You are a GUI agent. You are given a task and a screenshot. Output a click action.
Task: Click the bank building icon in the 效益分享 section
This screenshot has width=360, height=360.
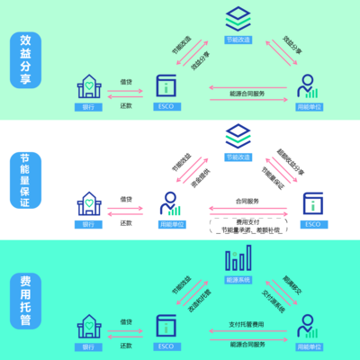(88, 87)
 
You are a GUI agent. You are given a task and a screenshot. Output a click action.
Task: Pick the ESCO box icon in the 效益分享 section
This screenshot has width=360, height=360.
(166, 87)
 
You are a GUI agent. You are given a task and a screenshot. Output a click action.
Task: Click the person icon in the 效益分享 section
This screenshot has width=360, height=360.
(308, 87)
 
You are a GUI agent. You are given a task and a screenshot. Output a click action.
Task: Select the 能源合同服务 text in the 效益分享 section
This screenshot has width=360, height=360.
(247, 93)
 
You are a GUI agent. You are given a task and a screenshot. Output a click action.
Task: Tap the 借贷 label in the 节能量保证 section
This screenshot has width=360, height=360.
(127, 199)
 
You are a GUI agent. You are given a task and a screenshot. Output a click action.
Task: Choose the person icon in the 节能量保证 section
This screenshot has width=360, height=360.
(166, 203)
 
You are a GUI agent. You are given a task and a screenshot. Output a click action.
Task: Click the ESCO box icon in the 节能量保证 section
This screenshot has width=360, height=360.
(311, 203)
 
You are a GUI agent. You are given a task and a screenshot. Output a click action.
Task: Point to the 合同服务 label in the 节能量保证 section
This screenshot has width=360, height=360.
(247, 202)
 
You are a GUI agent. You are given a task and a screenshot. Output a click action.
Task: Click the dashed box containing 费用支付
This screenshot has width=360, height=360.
(247, 225)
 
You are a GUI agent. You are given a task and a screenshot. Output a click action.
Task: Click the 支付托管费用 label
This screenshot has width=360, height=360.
(247, 323)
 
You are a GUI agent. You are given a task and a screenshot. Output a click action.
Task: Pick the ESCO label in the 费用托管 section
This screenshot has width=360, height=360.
(166, 345)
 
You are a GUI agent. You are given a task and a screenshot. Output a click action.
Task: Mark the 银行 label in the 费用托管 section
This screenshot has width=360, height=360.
(88, 345)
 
